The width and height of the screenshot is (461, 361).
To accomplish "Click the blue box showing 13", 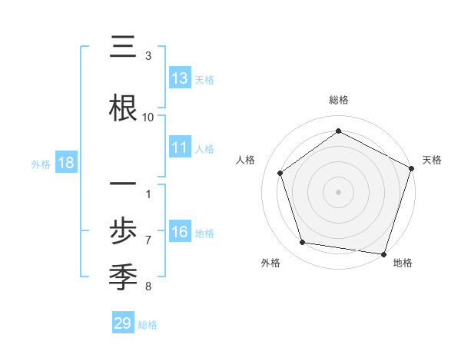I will (x=180, y=79).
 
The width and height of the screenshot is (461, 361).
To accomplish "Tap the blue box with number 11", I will (x=180, y=148).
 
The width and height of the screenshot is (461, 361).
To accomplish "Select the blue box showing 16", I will (x=180, y=233).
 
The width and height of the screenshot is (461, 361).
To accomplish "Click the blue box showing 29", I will (x=123, y=323).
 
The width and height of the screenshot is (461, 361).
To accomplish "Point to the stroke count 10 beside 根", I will (x=148, y=117).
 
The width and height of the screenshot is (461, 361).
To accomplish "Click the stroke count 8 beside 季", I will (x=148, y=286).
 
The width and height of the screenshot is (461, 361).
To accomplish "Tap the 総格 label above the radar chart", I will (x=339, y=100).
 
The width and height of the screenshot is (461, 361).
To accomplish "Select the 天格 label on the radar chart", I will (x=432, y=160).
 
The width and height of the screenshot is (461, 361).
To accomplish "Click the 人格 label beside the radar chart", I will (x=246, y=160).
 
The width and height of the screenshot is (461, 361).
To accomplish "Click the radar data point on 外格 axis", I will (x=303, y=243).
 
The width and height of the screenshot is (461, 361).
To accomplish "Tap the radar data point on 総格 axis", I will (x=339, y=131).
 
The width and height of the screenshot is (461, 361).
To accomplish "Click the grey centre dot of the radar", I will (x=339, y=191).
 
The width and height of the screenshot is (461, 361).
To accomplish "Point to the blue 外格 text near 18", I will (x=41, y=164).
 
